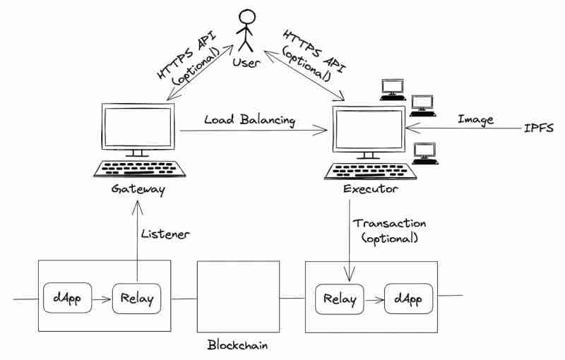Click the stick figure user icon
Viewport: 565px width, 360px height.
coord(245,30)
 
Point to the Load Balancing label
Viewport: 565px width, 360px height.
coord(249,120)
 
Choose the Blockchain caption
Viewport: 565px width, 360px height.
coord(237,346)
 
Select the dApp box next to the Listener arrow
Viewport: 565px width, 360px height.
coord(67,299)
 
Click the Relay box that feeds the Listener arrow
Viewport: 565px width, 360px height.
coord(136,299)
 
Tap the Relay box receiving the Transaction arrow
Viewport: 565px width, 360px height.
coord(340,299)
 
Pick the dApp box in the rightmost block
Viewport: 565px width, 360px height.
coord(408,299)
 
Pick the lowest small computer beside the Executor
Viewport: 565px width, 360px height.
coord(424,152)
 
